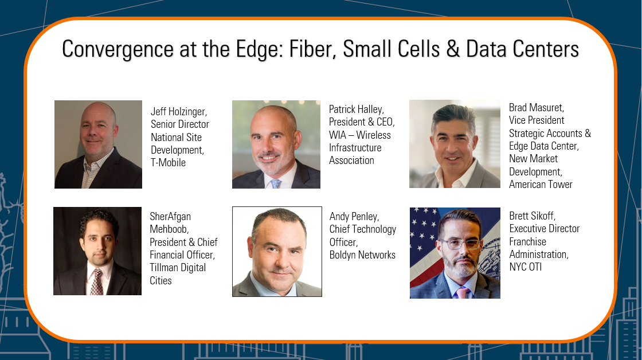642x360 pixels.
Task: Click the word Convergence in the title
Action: pos(118,49)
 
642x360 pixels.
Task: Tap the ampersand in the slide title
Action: pos(453,49)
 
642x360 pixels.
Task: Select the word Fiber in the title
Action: pos(312,49)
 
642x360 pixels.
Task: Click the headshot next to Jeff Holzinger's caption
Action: pos(98,144)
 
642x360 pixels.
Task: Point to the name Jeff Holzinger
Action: pos(179,111)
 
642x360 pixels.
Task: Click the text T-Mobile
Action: pos(169,163)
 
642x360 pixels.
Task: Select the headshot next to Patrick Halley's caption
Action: pos(276,144)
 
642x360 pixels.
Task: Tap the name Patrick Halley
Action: pos(357,109)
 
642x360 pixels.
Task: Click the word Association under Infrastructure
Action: pos(352,161)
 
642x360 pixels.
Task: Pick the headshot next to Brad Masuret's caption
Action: pos(455,144)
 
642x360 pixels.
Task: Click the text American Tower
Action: pos(541,185)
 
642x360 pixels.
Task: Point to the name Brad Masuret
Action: pos(537,108)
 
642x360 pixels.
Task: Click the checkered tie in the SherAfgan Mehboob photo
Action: pos(97,282)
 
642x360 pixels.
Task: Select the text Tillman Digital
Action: pos(178,268)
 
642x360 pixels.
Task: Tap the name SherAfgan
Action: pos(170,217)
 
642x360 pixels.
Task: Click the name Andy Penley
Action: pos(354,217)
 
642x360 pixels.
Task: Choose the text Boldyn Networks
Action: pos(362,255)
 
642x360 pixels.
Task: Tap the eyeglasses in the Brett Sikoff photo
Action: pos(461,244)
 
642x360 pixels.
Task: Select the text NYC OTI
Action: pos(525,267)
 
